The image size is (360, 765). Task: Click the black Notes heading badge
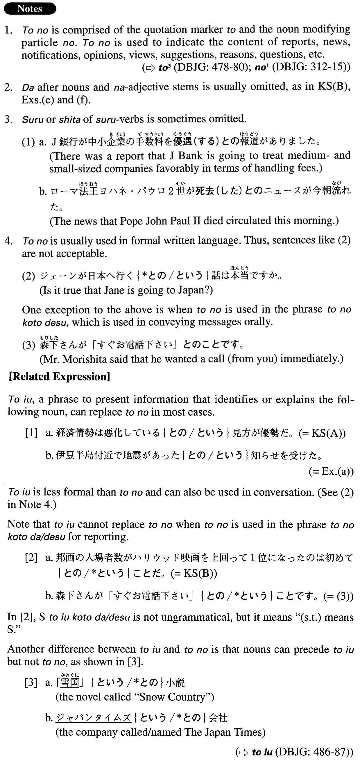(x=30, y=9)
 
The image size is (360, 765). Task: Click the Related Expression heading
(x=60, y=377)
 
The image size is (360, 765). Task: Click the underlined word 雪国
(x=70, y=683)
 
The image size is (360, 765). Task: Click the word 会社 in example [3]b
(x=218, y=718)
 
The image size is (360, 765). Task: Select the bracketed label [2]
(x=31, y=557)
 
